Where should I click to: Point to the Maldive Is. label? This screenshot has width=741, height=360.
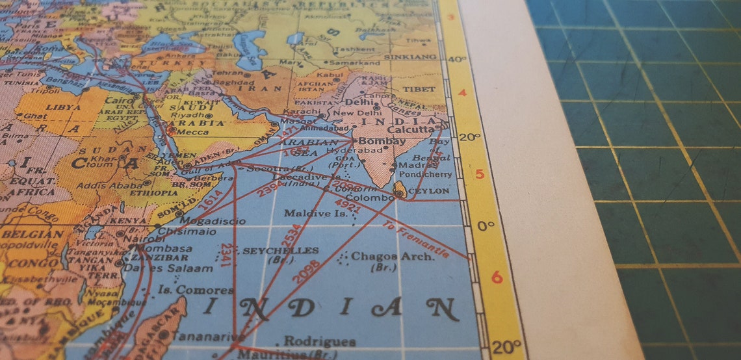coord(315,212)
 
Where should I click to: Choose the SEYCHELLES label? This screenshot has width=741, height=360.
coord(280,250)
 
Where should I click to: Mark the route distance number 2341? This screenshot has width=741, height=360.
coord(225,255)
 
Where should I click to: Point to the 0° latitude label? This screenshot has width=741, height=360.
coord(485,225)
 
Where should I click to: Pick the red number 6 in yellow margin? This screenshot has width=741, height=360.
coord(497,277)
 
